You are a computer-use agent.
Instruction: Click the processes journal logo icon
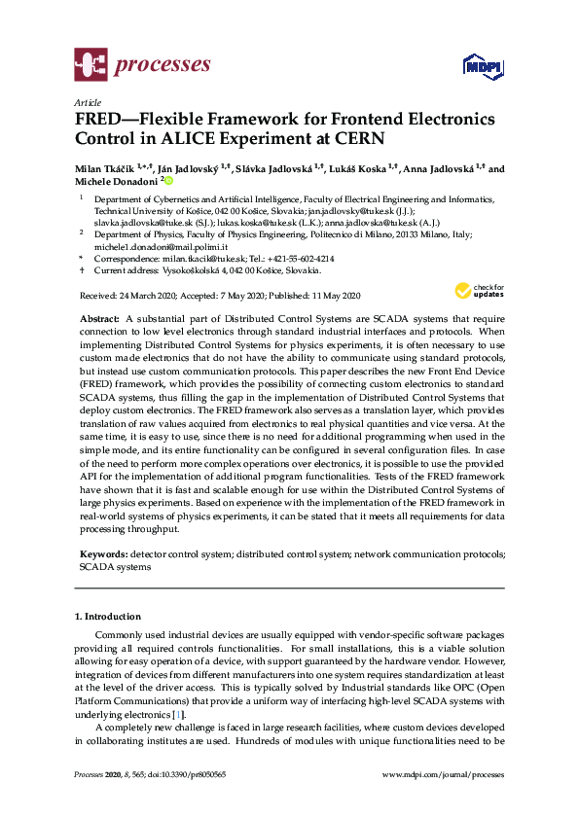90,66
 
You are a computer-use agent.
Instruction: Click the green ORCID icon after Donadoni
167,181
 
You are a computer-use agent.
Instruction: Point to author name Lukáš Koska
361,168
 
